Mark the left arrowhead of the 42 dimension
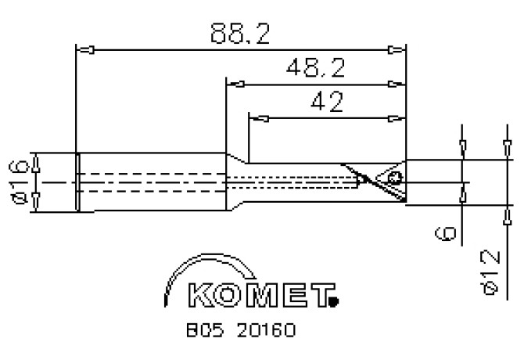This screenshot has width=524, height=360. (258, 119)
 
